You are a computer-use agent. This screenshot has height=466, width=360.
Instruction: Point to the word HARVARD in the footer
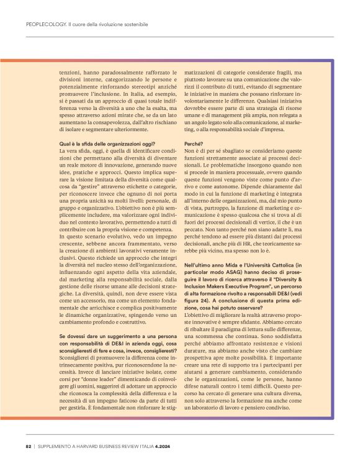pos(101,445)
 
